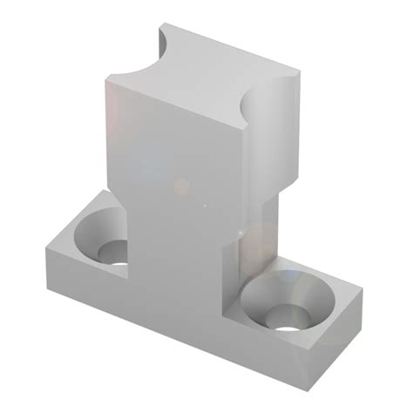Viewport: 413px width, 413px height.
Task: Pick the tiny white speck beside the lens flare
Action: coord(205,206)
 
